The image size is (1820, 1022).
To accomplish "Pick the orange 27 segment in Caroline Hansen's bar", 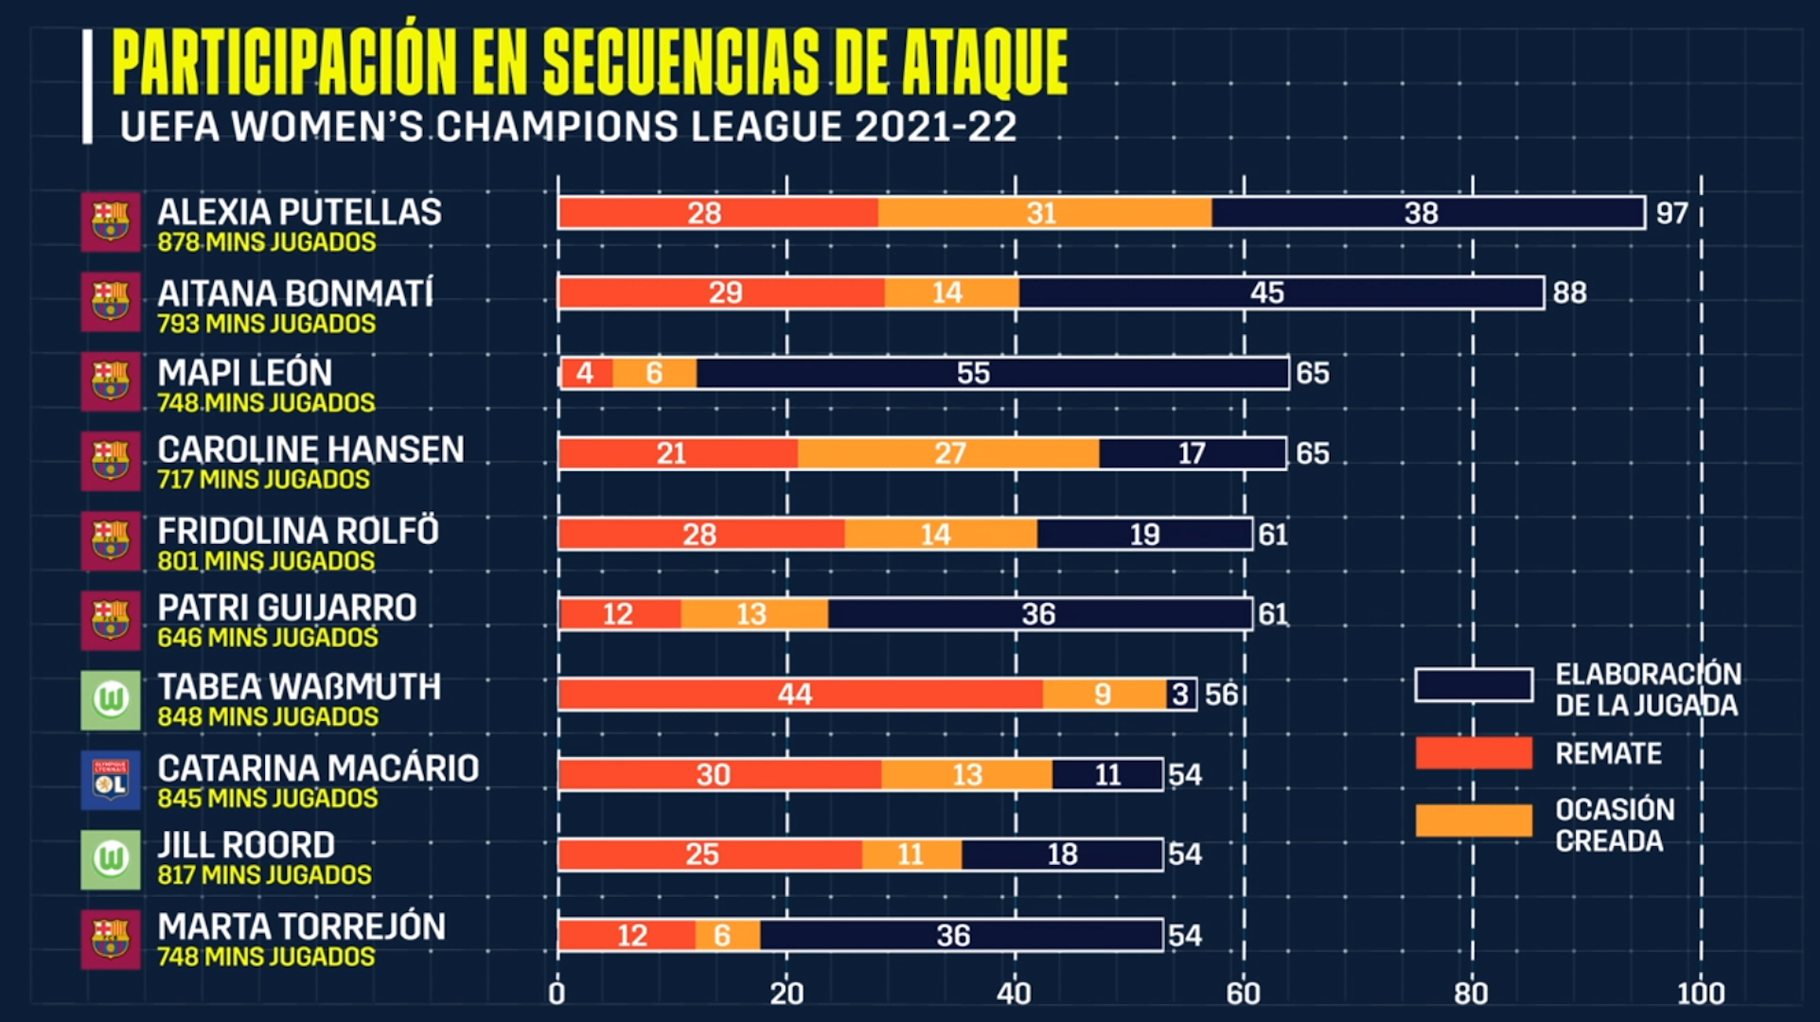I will click(948, 453).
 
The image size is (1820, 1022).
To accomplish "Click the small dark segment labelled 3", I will click(1181, 695).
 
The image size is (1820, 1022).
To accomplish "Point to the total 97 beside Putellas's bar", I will click(1671, 213).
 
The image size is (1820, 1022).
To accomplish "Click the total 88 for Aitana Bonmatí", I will click(1569, 293).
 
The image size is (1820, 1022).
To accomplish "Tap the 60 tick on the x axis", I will click(1243, 994).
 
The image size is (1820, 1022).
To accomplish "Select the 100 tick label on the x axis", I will click(1700, 994).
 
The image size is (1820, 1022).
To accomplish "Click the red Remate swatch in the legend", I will click(1474, 753).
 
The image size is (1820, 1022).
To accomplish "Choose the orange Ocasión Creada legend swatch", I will click(1474, 820).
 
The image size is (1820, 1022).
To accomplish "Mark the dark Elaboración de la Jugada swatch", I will click(1474, 685).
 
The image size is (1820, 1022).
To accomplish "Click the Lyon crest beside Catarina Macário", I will click(111, 780).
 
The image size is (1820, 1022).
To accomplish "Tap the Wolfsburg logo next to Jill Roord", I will click(111, 859).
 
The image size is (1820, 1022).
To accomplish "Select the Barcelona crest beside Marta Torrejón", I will click(111, 940).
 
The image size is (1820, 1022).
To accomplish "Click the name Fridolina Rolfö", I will click(298, 531).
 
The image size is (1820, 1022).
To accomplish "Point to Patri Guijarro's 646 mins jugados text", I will click(268, 638).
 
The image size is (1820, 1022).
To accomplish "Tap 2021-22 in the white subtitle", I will click(935, 127).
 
